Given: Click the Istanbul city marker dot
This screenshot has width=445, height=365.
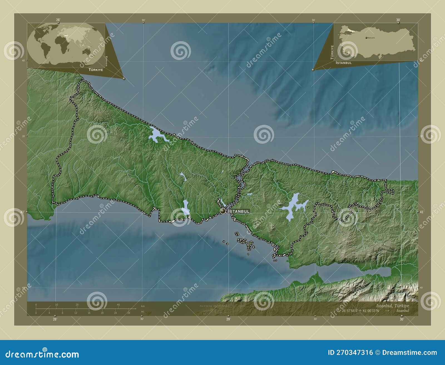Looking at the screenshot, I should pos(223,211).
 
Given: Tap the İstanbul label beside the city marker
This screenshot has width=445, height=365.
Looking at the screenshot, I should pos(239,211).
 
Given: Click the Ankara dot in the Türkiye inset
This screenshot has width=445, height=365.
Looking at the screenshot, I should pos(367,38).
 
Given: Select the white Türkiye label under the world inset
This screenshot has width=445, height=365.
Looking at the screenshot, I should pos(96,70).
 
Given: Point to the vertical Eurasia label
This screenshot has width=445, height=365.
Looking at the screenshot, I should pos(106,61).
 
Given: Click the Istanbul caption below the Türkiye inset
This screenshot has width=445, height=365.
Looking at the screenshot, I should pos(344,63).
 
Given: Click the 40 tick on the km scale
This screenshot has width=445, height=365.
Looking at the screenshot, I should pos(118,305).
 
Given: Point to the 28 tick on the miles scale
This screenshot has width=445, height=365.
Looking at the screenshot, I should pos(128,313).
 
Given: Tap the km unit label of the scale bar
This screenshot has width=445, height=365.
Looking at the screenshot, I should pos(143,306).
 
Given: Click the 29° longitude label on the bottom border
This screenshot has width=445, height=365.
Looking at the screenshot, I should pos(228,319).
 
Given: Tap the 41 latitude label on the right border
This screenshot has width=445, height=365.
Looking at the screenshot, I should pos(422,212).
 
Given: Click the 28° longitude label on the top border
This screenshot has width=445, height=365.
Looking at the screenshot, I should pos(58,20).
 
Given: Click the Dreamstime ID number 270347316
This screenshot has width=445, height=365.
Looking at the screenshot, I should pos(350,353).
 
